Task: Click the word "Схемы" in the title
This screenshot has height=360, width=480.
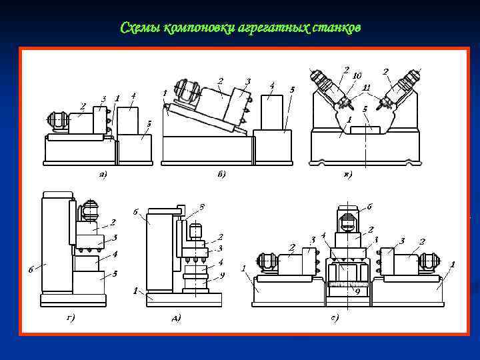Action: click(x=137, y=28)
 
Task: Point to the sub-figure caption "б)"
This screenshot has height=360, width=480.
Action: click(x=222, y=175)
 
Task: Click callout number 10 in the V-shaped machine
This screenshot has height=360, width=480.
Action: click(x=357, y=75)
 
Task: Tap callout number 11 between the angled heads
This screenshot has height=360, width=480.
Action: click(x=366, y=87)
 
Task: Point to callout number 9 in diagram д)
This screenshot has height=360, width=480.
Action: click(x=222, y=274)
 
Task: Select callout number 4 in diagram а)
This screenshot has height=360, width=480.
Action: click(x=133, y=96)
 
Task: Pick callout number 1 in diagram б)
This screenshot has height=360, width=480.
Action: click(x=164, y=93)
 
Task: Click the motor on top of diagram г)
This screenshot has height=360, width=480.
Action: click(x=89, y=212)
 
